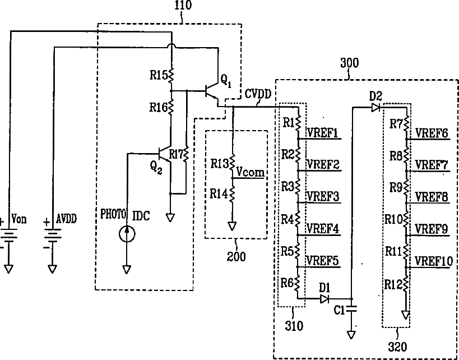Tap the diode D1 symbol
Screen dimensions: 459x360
(x=324, y=299)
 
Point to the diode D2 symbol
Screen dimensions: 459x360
(x=375, y=108)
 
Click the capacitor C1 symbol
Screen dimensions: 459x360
(x=351, y=308)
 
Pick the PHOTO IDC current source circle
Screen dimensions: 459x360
(x=127, y=234)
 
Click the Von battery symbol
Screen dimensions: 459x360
(x=9, y=235)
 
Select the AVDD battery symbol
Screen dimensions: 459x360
(x=52, y=235)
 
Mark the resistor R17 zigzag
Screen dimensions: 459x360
(x=186, y=154)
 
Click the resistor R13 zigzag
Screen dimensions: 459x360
(x=232, y=163)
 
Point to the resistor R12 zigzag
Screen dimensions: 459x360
(x=406, y=284)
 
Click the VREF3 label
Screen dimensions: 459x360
(x=323, y=196)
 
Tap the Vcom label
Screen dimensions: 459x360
(x=251, y=172)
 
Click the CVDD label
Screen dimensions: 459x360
(x=258, y=94)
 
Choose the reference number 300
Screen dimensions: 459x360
(x=349, y=63)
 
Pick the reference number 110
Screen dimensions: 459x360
(x=183, y=5)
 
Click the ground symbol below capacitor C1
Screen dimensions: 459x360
(x=351, y=335)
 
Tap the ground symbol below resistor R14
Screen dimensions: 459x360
(x=232, y=226)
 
